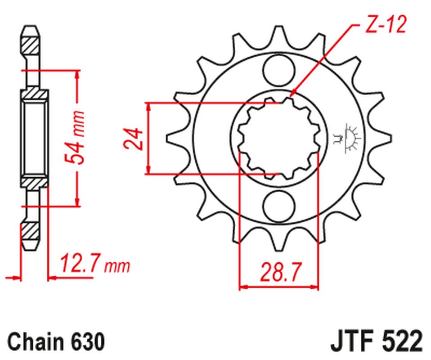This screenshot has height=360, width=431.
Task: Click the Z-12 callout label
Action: click(x=386, y=26)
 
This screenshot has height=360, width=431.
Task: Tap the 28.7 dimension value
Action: click(x=279, y=272)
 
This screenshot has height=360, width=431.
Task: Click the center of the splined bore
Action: click(x=278, y=138)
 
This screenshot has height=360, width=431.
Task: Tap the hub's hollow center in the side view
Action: click(x=34, y=138)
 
